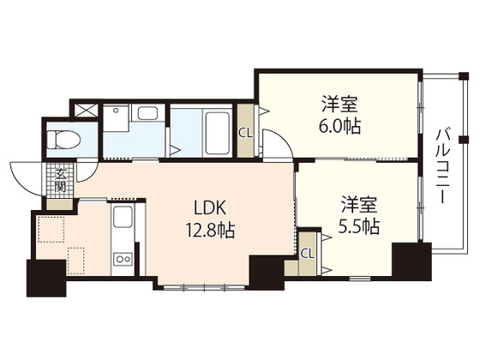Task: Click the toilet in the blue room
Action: click(64, 140)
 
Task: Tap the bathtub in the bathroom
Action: click(218, 133)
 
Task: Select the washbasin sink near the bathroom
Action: click(147, 113)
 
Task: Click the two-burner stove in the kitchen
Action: click(123, 259)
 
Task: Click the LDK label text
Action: click(210, 207)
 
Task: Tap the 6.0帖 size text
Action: click(339, 126)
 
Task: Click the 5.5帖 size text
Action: click(359, 227)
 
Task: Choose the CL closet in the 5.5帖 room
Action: click(308, 254)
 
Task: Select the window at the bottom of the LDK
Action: click(204, 288)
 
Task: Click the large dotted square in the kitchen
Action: click(51, 229)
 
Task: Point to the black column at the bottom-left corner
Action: click(46, 278)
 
